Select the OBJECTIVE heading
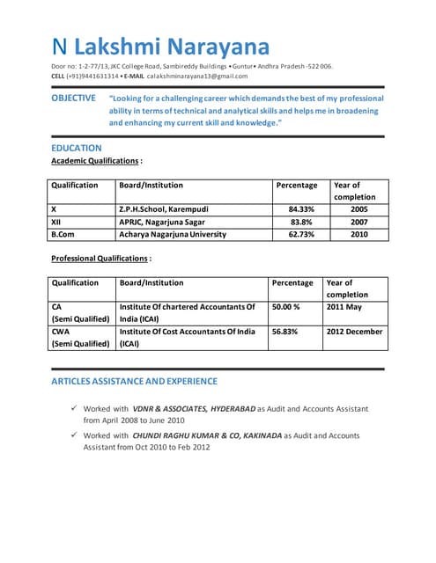tap(73, 99)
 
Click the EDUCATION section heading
tap(77, 148)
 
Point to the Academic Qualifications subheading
tap(95, 162)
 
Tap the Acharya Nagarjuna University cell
tap(173, 235)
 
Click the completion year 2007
tap(358, 223)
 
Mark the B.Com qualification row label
tap(63, 235)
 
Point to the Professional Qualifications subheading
tap(100, 259)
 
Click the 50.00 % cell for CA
tap(286, 307)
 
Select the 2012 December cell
tap(354, 332)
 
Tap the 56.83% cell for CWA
tap(285, 332)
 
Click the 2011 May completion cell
tap(344, 307)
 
